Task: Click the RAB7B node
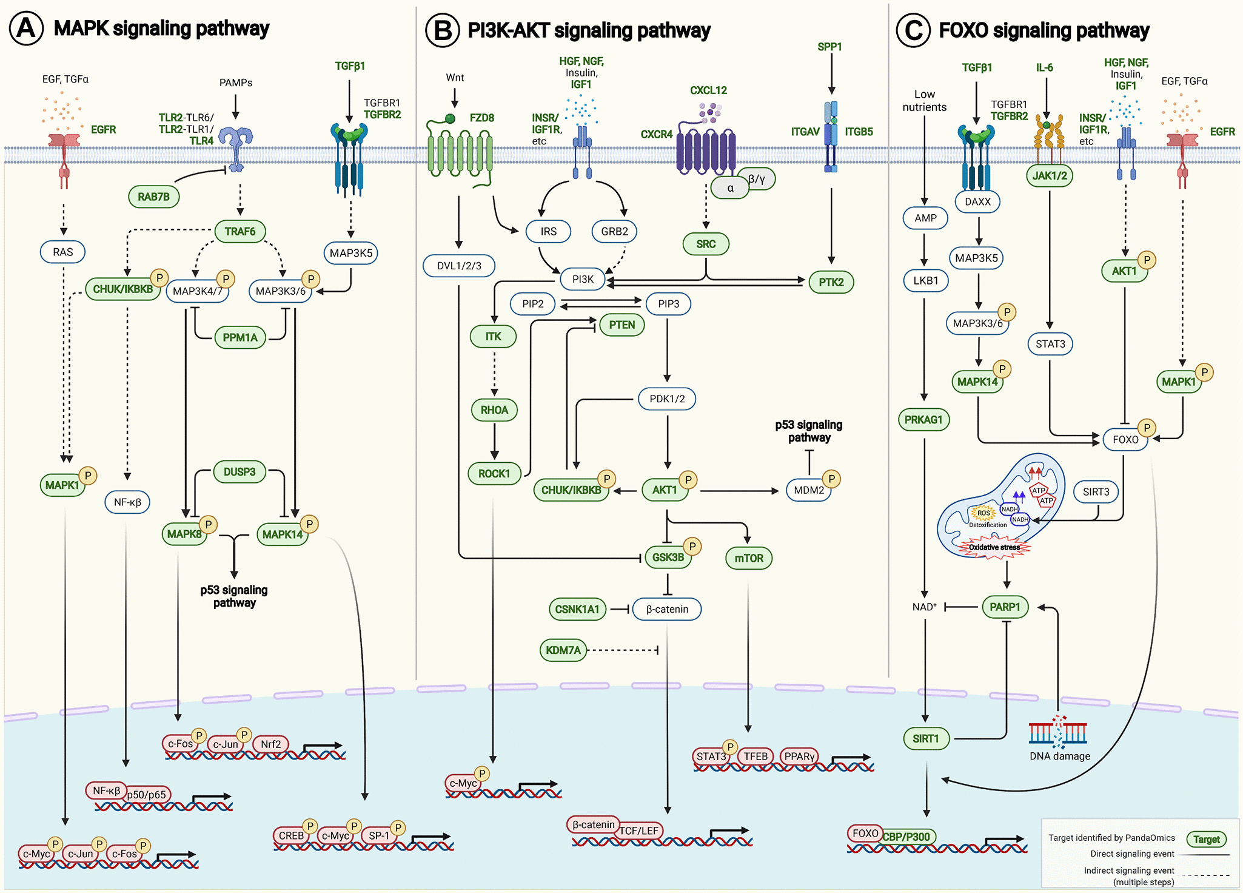[x=153, y=197]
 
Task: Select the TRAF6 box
[x=240, y=231]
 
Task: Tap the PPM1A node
[x=240, y=337]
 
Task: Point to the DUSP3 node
[x=240, y=471]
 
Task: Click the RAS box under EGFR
[x=63, y=252]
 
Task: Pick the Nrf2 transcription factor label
[x=271, y=744]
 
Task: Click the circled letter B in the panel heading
[x=443, y=30]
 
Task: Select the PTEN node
[x=622, y=325]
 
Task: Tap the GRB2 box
[x=614, y=231]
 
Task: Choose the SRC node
[x=706, y=244]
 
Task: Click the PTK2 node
[x=831, y=282]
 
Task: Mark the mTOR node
[x=749, y=558]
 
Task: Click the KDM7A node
[x=563, y=650]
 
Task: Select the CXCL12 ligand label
[x=708, y=90]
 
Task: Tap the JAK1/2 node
[x=1050, y=175]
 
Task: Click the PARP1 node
[x=1005, y=607]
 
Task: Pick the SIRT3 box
[x=1096, y=491]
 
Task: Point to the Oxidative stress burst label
[x=994, y=547]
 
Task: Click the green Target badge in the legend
[x=1206, y=840]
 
